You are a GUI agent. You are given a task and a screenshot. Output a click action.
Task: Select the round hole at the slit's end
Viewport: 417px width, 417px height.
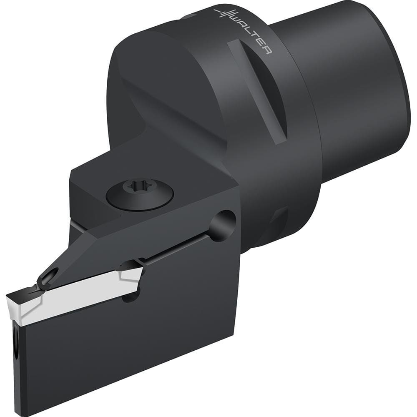(x=223, y=226)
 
